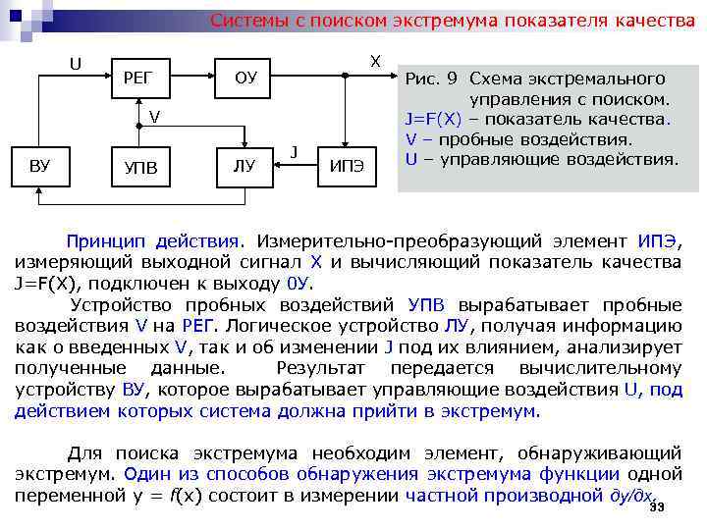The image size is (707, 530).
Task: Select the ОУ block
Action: click(x=245, y=78)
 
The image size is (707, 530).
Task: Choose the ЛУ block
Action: click(x=244, y=166)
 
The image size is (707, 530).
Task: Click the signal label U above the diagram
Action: click(x=75, y=65)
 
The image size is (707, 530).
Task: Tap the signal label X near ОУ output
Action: click(x=375, y=61)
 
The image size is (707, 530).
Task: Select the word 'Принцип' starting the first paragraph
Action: click(x=103, y=240)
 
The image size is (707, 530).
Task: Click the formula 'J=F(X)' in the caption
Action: click(x=435, y=120)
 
